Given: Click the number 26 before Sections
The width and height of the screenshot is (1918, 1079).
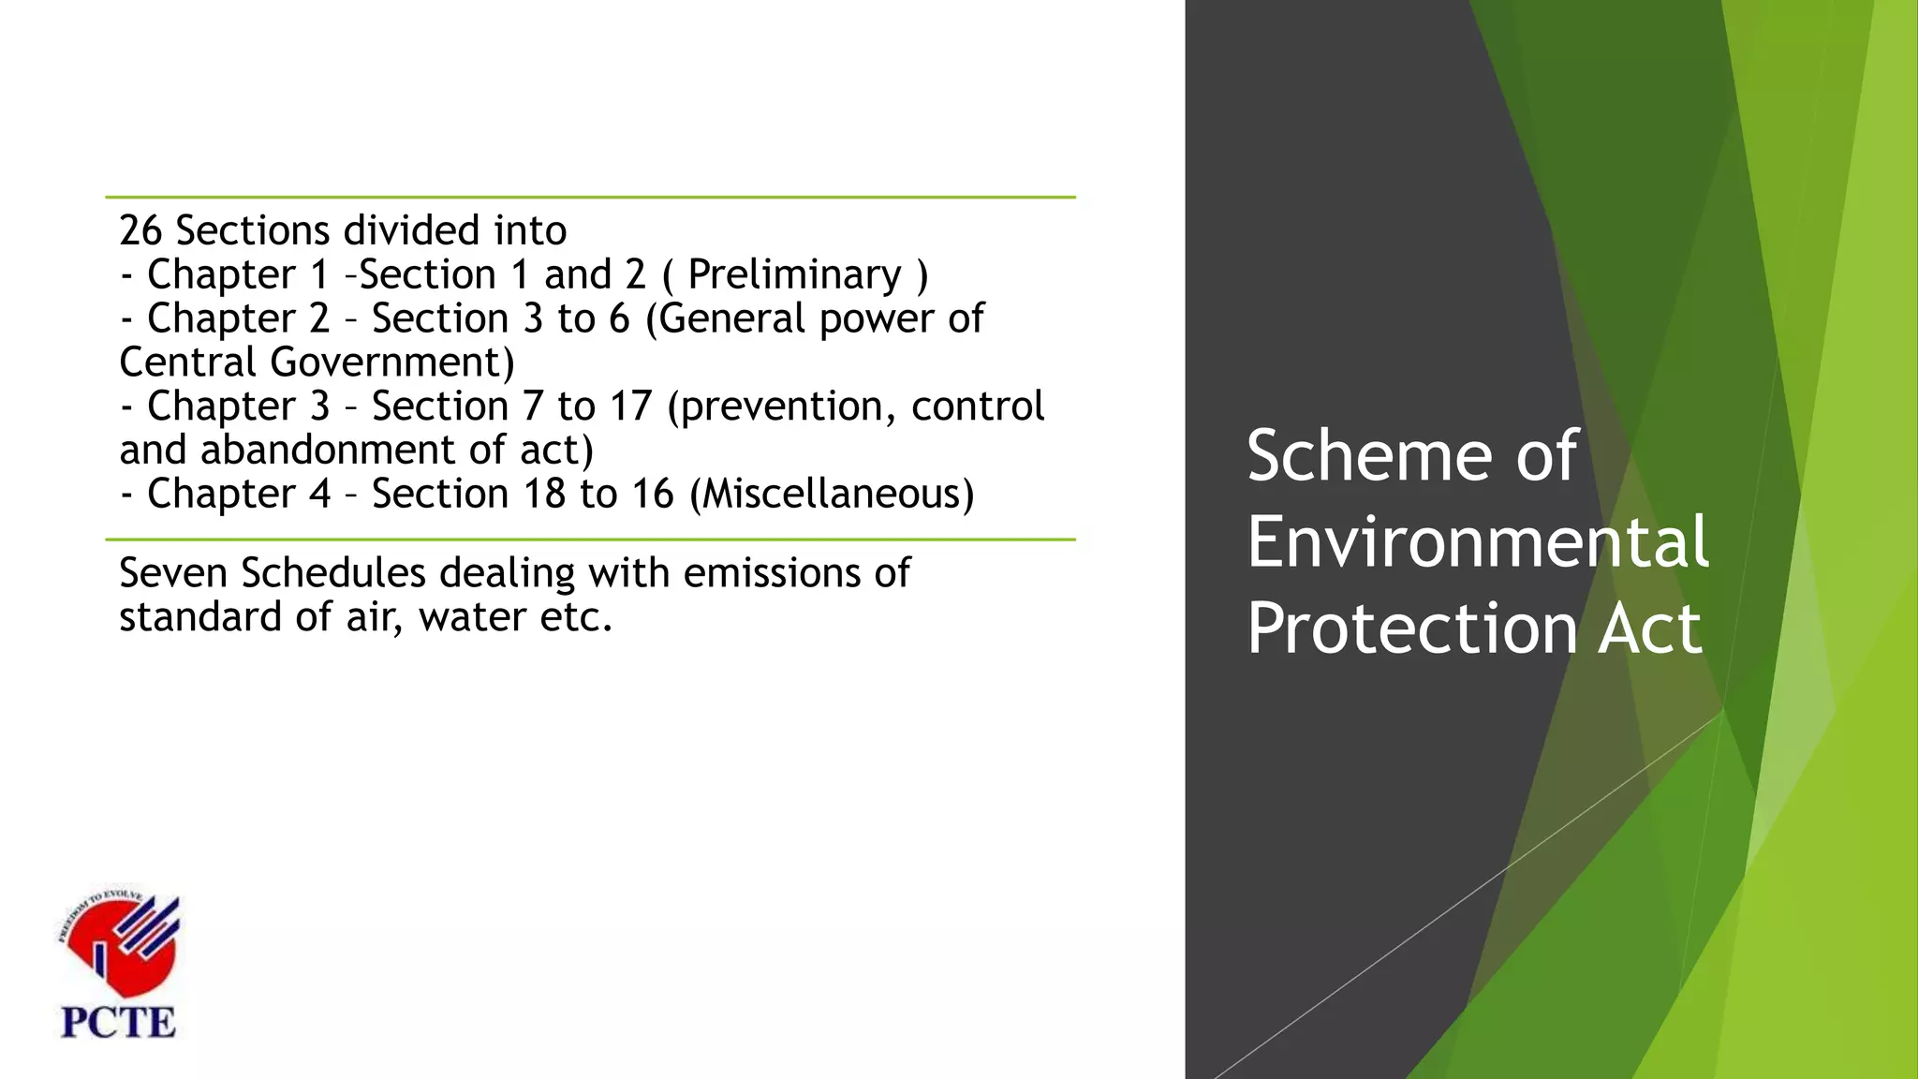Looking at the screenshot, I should pyautogui.click(x=140, y=230).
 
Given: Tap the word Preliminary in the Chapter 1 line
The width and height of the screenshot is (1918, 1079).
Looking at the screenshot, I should pyautogui.click(x=794, y=275).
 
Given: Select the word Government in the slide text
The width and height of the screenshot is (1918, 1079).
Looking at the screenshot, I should pyautogui.click(x=392, y=362).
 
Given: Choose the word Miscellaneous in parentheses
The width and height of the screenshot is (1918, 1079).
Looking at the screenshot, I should pyautogui.click(x=832, y=494).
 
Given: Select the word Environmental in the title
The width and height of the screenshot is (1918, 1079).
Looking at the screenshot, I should pyautogui.click(x=1477, y=542).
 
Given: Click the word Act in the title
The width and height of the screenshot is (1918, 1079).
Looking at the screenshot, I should pyautogui.click(x=1649, y=628).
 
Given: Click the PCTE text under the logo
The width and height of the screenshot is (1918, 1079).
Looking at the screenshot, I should pyautogui.click(x=118, y=1022).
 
